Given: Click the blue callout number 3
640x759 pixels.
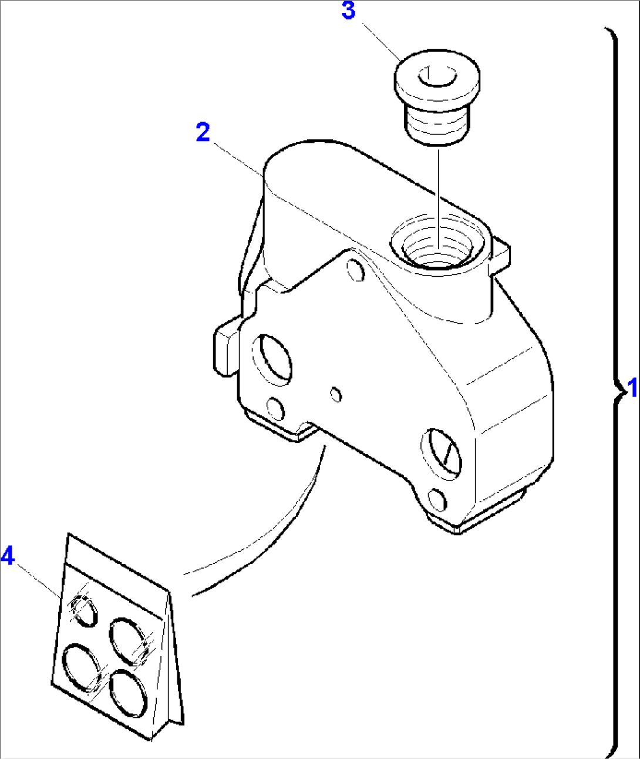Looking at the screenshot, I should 348,11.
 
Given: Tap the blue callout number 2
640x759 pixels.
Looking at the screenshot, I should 203,132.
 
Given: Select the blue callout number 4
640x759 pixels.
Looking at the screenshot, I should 7,555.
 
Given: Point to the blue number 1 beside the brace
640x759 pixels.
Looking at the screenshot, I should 632,388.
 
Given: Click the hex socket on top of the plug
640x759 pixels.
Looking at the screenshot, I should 436,77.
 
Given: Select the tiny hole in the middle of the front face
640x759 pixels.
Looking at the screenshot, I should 336,395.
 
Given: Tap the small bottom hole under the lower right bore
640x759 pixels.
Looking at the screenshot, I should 437,499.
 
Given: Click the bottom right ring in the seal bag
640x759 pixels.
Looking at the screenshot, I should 127,694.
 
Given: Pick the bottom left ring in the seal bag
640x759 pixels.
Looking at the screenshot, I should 82,667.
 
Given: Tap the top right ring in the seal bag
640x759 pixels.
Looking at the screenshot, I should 128,640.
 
